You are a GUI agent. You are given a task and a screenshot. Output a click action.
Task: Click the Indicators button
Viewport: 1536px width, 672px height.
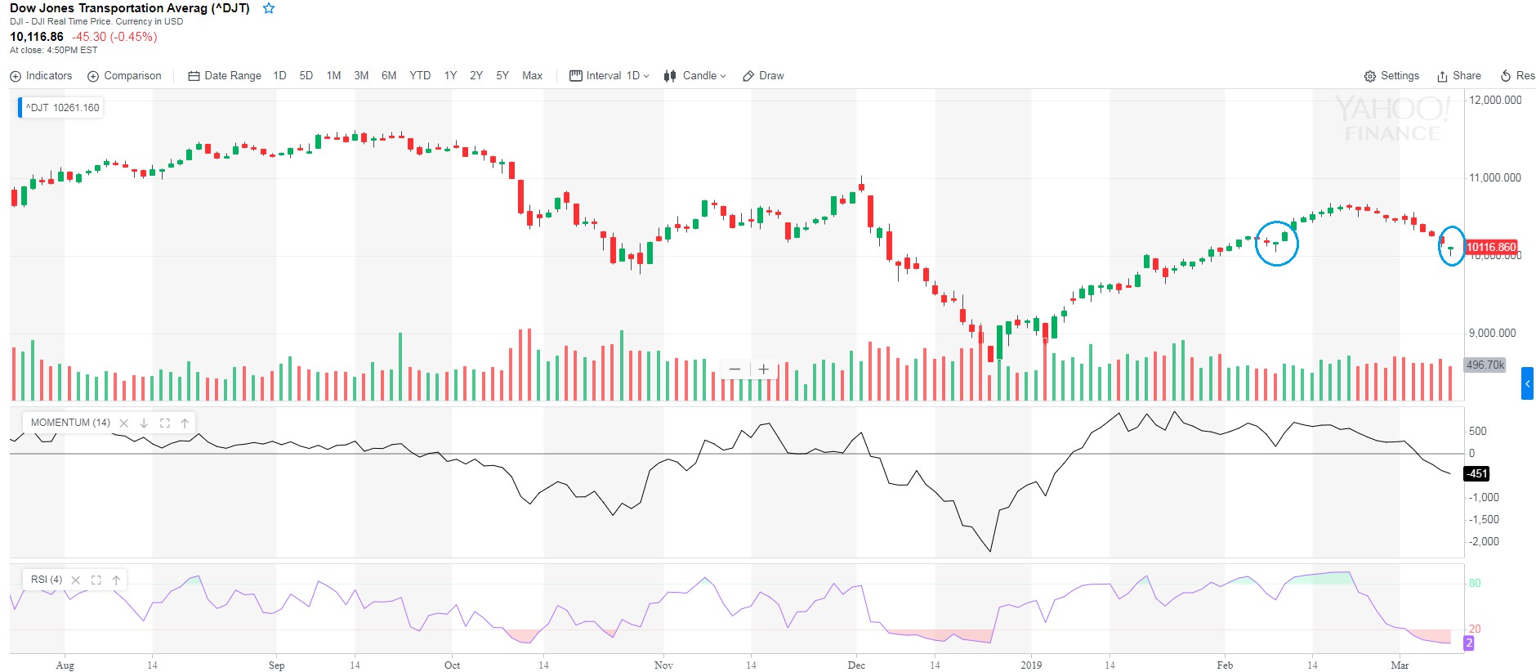coord(41,76)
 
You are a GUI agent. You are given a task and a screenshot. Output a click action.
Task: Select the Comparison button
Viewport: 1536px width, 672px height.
coord(124,76)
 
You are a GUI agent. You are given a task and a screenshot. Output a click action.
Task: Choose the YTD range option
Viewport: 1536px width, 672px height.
coord(420,76)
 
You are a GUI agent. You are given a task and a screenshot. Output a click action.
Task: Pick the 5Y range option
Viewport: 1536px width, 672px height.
coord(502,76)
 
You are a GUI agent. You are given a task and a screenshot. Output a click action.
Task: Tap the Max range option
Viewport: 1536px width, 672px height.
coord(532,76)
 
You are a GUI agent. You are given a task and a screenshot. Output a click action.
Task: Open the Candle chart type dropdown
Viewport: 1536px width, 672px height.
coord(694,76)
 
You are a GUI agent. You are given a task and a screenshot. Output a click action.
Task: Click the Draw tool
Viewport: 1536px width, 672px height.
coord(763,76)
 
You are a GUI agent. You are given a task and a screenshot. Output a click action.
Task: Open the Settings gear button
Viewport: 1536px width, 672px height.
coord(1391,76)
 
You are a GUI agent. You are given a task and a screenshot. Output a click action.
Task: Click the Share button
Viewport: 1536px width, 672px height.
coord(1459,76)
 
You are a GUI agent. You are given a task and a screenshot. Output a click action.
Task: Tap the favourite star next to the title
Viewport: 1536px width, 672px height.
coord(269,8)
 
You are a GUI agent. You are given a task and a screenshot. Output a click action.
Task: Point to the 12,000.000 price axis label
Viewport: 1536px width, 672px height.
coord(1495,101)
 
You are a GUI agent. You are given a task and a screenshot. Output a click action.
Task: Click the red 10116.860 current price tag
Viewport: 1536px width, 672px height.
coord(1491,247)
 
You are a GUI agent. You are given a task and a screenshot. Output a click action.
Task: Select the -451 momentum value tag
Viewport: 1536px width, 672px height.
coord(1476,473)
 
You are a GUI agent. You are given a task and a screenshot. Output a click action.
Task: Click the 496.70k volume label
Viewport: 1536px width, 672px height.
coord(1485,365)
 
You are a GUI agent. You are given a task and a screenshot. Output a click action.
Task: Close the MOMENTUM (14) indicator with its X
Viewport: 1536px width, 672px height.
coord(123,423)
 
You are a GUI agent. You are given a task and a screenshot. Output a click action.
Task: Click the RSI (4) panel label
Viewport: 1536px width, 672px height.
coord(47,580)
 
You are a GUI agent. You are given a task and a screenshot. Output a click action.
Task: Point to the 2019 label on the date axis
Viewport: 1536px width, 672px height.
coord(1031,665)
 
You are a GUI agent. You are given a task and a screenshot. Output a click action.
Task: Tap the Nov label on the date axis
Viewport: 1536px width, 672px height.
coord(663,665)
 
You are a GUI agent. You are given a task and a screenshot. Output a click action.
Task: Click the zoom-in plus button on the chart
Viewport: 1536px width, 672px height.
coord(763,370)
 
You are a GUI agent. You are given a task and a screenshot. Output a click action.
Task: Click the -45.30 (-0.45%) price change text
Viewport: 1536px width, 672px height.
coord(114,37)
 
